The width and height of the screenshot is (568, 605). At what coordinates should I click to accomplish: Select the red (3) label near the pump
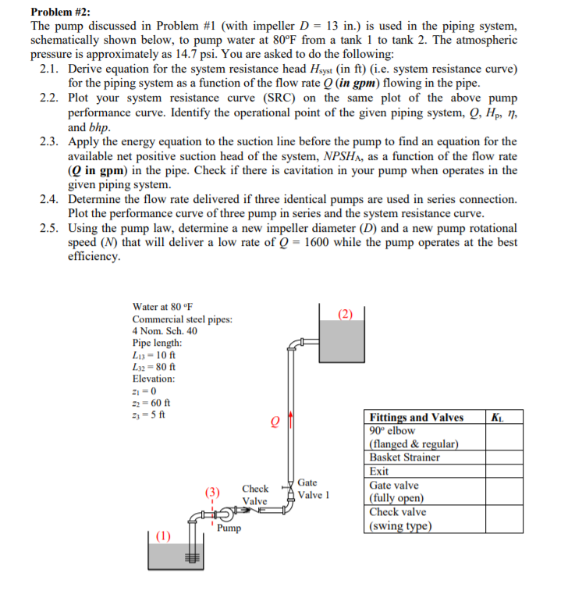click(x=212, y=493)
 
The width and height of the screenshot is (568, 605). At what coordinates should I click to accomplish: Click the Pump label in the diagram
click(x=229, y=528)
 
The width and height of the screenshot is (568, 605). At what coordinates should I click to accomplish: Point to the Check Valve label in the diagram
click(x=255, y=494)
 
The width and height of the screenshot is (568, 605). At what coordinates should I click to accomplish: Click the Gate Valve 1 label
click(x=315, y=489)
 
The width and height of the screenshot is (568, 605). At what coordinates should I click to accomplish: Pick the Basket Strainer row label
click(x=405, y=457)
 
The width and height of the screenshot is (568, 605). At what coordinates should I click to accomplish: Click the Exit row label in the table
click(x=379, y=472)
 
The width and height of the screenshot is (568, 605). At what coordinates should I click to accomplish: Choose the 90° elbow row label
click(x=392, y=431)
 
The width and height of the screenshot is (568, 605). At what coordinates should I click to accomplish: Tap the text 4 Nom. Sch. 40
click(x=165, y=331)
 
